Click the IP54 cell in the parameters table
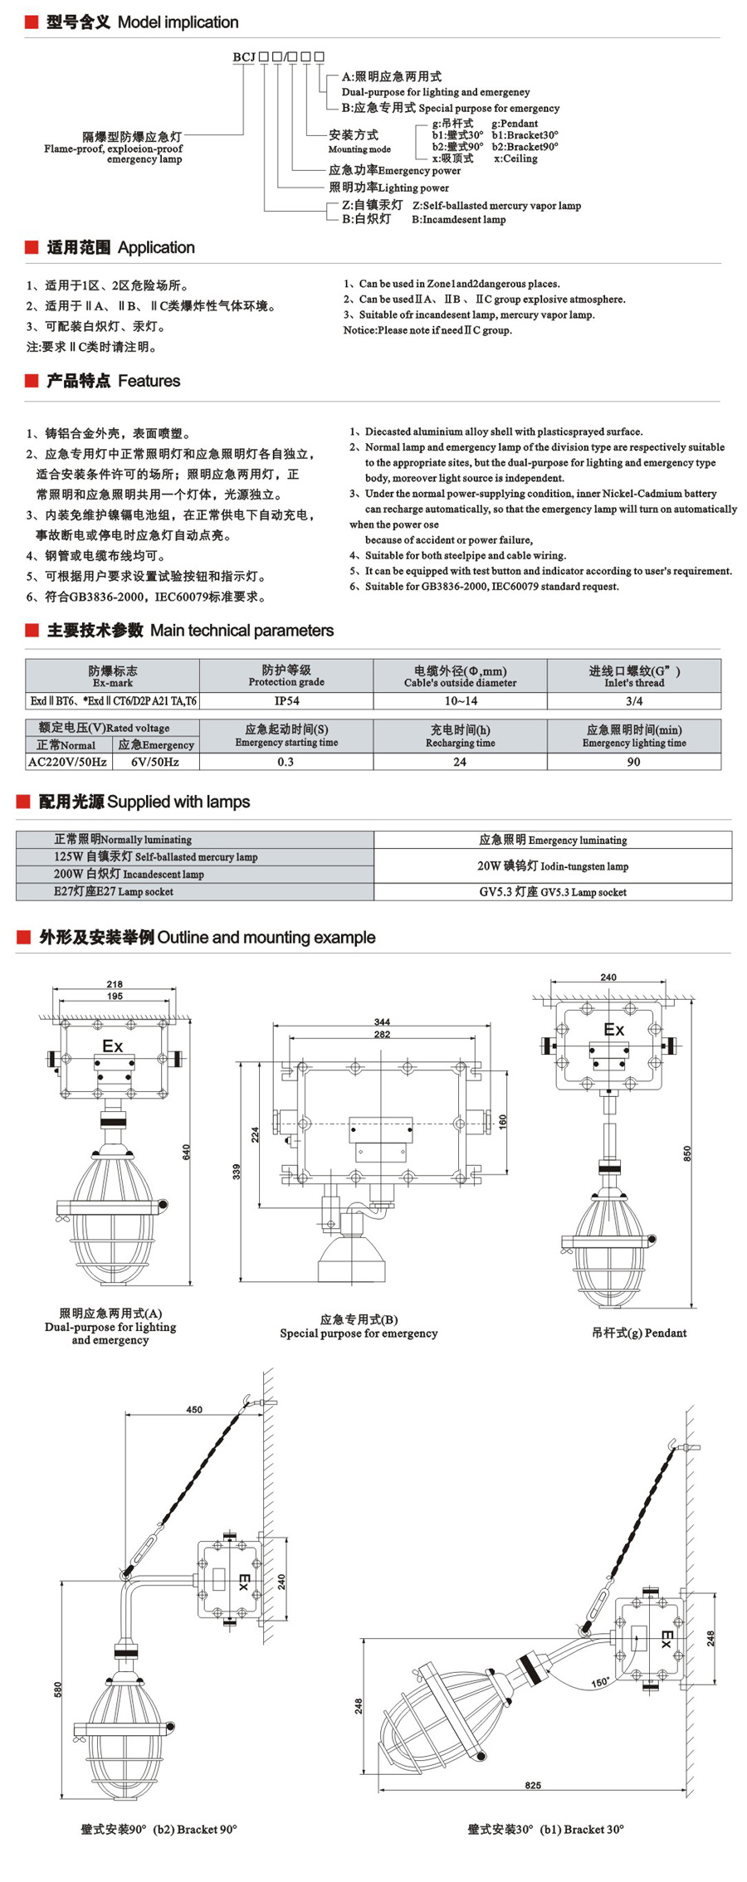[286, 701]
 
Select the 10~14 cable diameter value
[461, 701]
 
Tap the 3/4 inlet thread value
[634, 701]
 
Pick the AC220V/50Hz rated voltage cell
[67, 762]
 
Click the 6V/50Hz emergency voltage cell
[155, 762]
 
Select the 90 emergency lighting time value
[634, 762]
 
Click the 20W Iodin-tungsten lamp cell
[553, 866]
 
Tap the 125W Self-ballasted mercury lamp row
[156, 857]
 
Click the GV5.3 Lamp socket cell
[553, 892]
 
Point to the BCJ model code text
[244, 57]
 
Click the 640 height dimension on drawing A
[187, 1152]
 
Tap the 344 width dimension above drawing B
[382, 1022]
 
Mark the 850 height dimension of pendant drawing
[687, 1153]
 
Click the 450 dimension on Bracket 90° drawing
[194, 1410]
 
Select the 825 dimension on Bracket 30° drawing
[533, 1785]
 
